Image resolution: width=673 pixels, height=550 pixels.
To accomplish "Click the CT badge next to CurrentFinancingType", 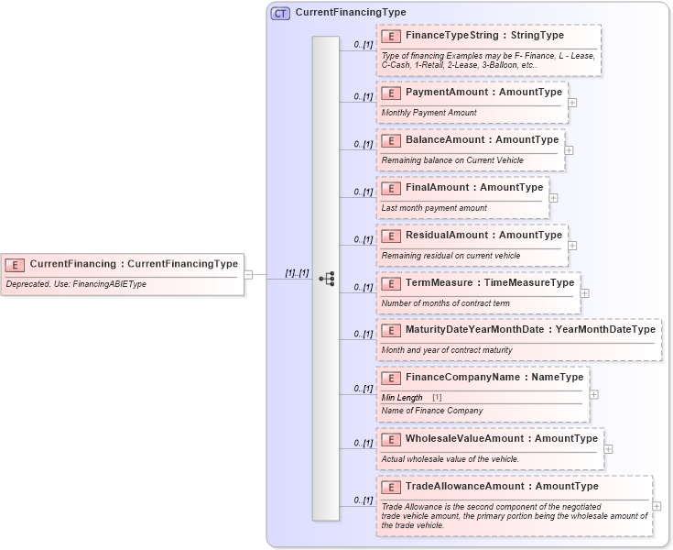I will click(280, 13).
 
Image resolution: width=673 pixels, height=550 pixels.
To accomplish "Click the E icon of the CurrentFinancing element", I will click(15, 264).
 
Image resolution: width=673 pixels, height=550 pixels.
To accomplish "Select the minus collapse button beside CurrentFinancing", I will click(248, 273).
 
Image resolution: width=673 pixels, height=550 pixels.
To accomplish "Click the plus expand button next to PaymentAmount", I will click(572, 102).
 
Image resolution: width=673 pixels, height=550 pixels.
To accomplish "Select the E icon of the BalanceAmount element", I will click(390, 140).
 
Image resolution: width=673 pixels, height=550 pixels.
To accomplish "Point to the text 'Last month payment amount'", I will click(434, 208).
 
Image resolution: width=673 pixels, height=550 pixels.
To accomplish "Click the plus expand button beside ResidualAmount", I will click(572, 245).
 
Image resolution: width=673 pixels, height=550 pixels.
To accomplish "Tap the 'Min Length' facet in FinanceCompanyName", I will click(402, 397).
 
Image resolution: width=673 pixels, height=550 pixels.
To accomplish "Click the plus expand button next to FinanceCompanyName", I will click(593, 394).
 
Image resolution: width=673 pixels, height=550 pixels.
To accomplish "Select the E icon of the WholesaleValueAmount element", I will click(390, 439).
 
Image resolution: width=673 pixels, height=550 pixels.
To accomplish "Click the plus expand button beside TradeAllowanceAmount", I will click(657, 505).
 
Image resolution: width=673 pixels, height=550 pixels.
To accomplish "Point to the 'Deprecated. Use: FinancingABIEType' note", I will click(76, 284).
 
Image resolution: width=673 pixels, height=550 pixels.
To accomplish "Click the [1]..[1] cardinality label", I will click(297, 272).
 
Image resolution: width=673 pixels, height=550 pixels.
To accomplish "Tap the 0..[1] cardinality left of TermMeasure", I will click(363, 287).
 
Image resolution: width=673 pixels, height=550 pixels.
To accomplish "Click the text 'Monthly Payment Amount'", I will click(429, 113).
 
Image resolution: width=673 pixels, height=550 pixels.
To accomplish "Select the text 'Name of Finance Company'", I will click(431, 411).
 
